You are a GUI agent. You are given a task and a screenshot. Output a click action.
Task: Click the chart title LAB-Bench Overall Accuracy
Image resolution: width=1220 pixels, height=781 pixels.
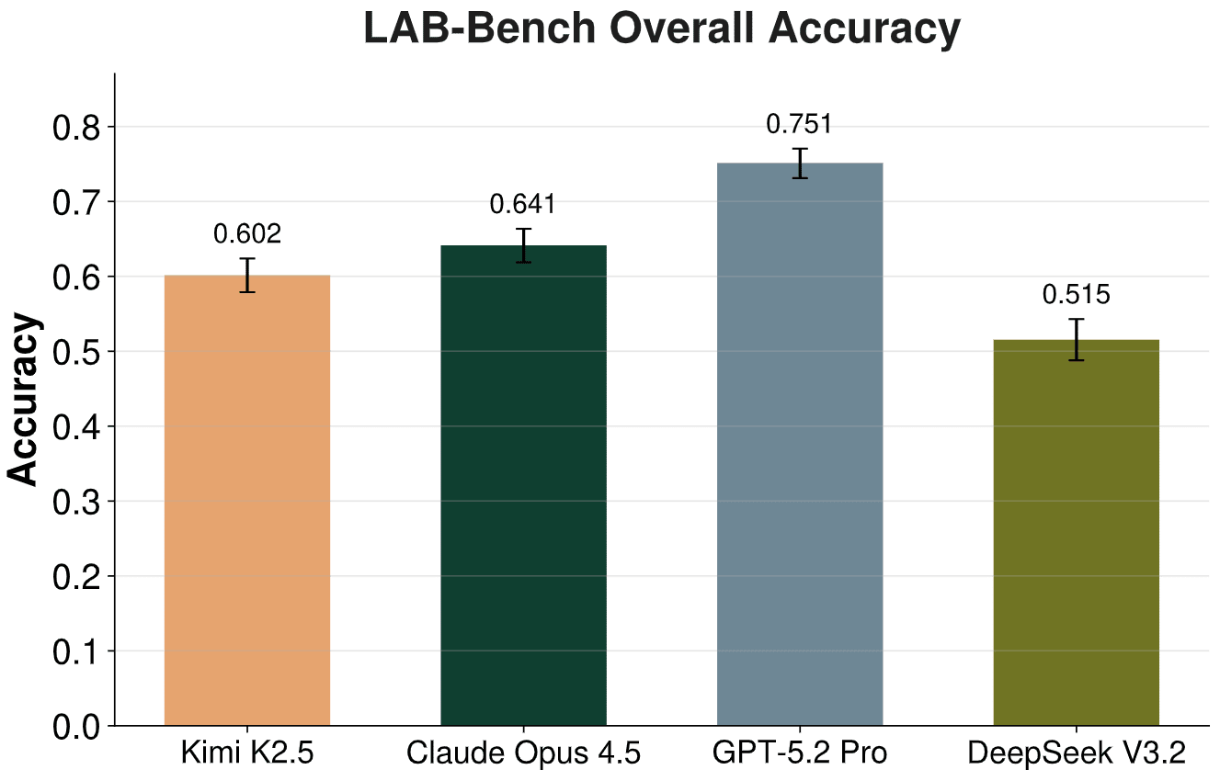[x=662, y=29]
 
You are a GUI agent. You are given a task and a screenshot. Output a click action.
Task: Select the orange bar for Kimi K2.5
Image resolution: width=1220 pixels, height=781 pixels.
[x=246, y=501]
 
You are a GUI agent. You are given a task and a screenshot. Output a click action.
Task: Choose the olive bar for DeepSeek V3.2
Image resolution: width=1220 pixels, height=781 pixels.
[x=1076, y=533]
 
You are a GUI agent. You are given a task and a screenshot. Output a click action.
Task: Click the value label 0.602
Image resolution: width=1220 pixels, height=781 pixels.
[x=247, y=235]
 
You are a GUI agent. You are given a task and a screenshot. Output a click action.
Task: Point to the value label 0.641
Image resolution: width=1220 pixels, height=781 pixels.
[x=523, y=205]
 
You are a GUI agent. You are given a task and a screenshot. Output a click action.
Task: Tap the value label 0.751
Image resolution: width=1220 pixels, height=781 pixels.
[x=800, y=124]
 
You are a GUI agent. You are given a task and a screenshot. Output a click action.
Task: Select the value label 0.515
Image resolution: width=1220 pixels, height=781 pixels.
[x=1076, y=295]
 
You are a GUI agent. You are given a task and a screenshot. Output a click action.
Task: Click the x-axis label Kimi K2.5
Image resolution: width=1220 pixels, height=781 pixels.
[x=247, y=754]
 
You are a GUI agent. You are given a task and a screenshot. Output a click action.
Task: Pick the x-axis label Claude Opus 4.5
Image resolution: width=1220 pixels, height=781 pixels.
[x=523, y=754]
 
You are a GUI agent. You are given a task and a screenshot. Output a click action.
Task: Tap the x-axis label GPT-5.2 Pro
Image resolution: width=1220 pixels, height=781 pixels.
[x=800, y=754]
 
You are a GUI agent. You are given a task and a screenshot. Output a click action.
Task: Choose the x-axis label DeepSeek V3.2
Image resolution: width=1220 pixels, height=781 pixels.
[x=1076, y=754]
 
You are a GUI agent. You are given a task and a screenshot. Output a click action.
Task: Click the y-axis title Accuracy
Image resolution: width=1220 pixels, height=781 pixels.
[x=24, y=400]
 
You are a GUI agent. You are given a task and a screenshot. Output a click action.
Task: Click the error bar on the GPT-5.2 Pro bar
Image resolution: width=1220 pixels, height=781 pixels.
[x=800, y=163]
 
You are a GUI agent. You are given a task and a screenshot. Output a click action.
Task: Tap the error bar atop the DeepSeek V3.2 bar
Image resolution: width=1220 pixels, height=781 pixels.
[x=1076, y=340]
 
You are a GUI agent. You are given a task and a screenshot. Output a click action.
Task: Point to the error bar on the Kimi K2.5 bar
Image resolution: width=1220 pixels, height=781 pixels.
[x=247, y=275]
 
